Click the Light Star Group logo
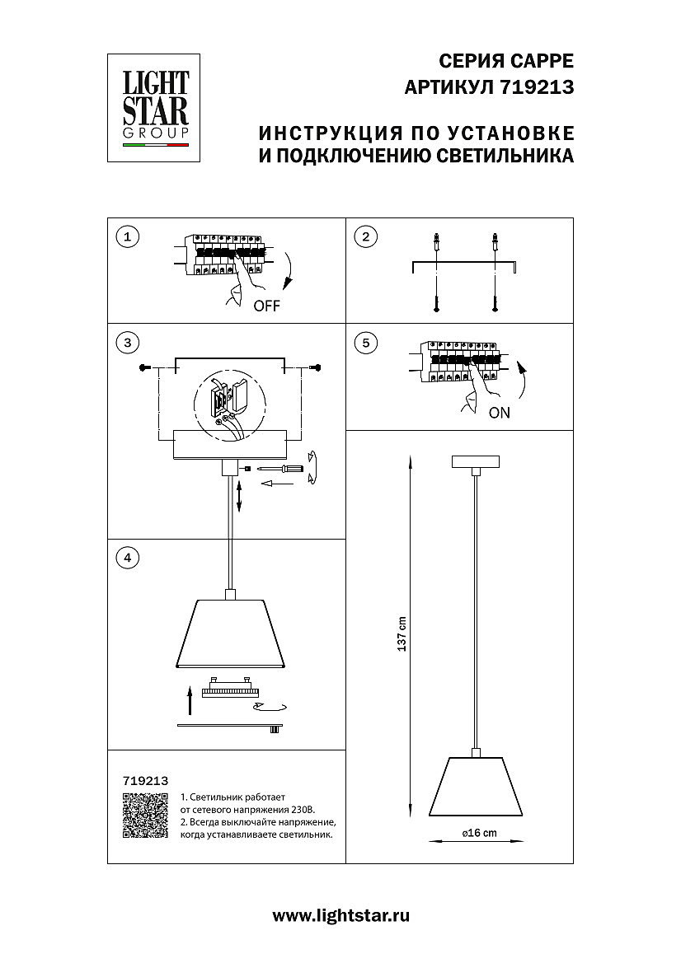pos(156,109)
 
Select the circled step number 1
pos(126,237)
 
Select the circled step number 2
pos(364,237)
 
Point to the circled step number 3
pos(126,342)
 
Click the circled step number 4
pos(126,558)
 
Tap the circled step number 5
pos(364,342)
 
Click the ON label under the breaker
pos(500,413)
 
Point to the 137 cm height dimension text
pos(402,634)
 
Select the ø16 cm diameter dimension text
pos(478,833)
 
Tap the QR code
pos(145,816)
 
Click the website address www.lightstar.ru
pos(340,915)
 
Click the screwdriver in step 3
pos(280,468)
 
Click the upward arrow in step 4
pos(189,700)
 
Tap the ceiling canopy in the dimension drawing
pos(477,461)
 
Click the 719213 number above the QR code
pos(145,779)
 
